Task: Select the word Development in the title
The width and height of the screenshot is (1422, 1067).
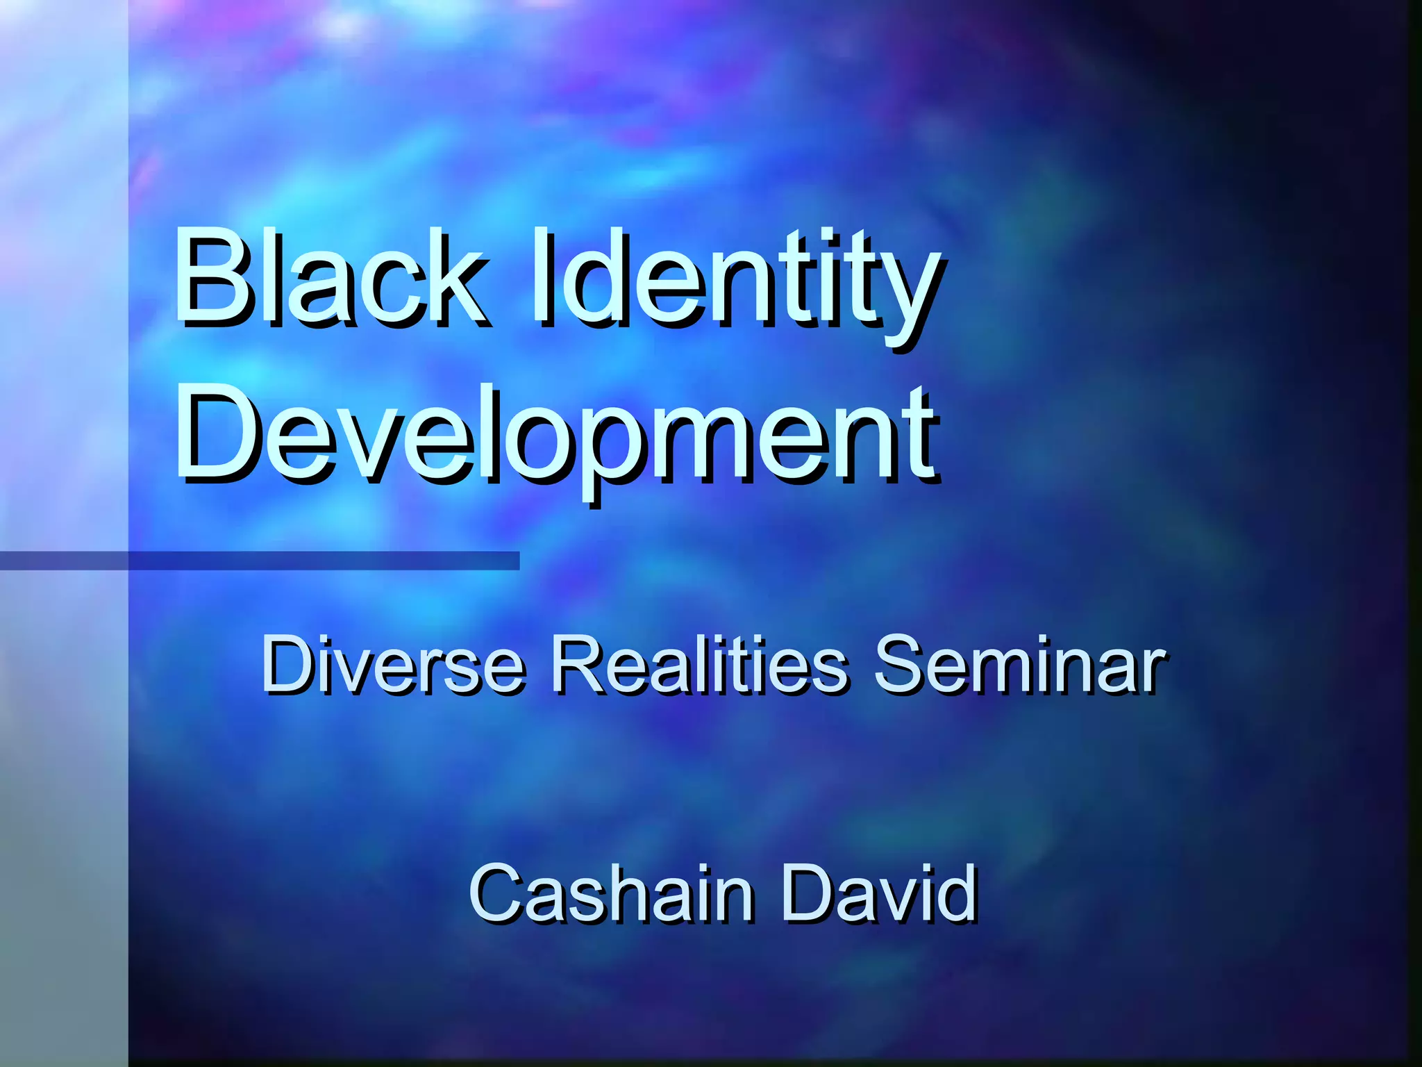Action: [555, 434]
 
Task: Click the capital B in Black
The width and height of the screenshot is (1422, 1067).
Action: [212, 278]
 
